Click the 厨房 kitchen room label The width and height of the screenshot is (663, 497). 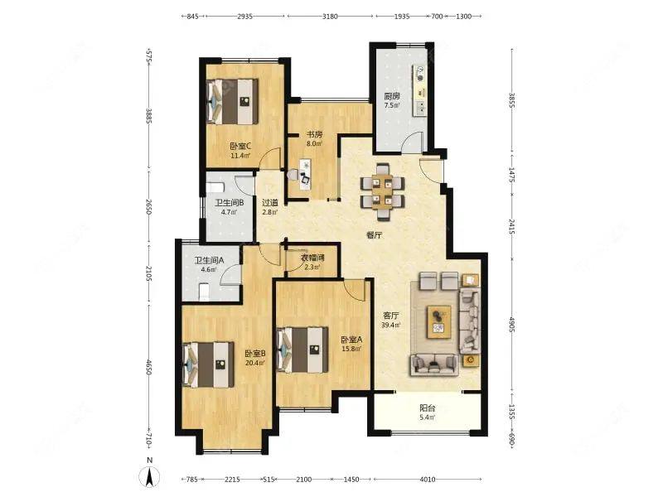392,97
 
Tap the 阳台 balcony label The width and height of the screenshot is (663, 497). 428,408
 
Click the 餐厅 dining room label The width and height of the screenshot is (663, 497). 375,235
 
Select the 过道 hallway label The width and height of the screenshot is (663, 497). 269,203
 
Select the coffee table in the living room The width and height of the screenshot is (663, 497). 439,321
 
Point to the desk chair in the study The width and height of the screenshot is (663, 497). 307,176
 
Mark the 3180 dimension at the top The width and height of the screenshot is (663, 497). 330,17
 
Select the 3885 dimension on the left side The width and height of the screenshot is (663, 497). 149,116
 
